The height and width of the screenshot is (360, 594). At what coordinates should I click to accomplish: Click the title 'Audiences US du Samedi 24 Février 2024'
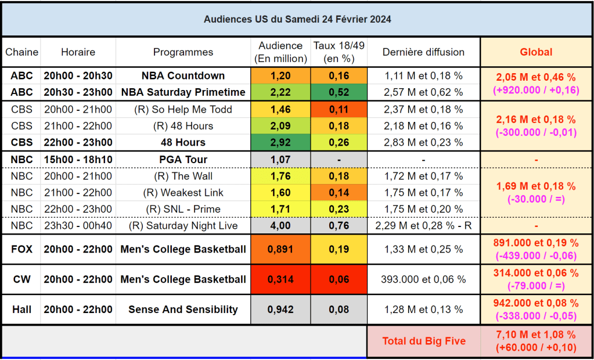click(297, 19)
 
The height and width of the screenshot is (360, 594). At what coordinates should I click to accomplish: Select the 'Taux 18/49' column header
click(339, 52)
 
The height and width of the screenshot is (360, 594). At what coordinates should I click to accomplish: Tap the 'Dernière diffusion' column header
click(423, 52)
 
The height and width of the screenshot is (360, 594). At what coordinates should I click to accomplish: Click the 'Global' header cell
click(536, 52)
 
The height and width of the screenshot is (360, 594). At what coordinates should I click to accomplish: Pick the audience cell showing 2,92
click(281, 142)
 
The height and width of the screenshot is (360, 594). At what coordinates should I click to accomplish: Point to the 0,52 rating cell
click(339, 92)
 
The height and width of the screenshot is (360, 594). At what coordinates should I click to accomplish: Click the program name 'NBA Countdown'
click(183, 75)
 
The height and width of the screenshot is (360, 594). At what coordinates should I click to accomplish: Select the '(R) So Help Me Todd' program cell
click(183, 109)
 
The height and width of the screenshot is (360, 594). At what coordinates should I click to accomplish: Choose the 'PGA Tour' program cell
click(183, 160)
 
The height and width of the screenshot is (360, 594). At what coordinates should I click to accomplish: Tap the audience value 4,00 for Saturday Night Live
click(281, 226)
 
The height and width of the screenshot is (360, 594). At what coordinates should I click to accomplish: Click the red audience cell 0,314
click(281, 279)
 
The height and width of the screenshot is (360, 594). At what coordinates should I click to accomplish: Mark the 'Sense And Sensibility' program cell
click(183, 309)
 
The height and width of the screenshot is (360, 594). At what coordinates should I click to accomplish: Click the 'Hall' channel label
click(22, 309)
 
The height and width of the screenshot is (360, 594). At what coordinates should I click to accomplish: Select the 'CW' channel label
click(22, 279)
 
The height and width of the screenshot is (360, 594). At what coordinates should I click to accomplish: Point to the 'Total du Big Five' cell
click(424, 341)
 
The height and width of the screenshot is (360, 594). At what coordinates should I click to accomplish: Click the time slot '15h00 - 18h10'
click(78, 160)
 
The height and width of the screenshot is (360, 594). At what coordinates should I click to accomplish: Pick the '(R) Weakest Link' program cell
click(183, 193)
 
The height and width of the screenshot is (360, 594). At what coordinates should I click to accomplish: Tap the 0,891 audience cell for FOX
click(281, 249)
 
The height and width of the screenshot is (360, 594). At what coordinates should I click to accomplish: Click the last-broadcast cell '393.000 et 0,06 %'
click(423, 279)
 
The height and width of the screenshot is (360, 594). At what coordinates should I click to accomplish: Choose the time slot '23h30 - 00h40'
click(78, 226)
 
